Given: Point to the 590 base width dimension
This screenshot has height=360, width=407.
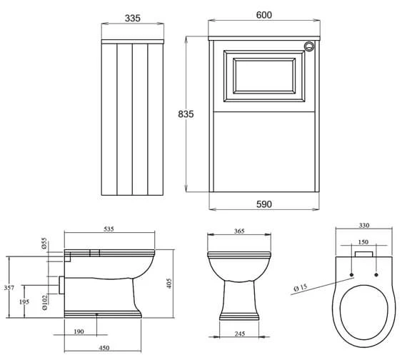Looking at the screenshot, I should pos(263,204).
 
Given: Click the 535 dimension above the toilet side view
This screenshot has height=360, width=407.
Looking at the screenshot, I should pos(109,229).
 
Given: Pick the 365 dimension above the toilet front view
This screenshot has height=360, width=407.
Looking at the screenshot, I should pos(238,231).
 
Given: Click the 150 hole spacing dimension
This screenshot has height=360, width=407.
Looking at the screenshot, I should pos(363,241).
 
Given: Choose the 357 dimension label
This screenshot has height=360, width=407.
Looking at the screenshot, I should pos(7,288).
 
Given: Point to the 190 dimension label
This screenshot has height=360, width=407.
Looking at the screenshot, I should pos(79,332).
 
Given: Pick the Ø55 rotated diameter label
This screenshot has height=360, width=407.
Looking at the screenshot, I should pos(44,243).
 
